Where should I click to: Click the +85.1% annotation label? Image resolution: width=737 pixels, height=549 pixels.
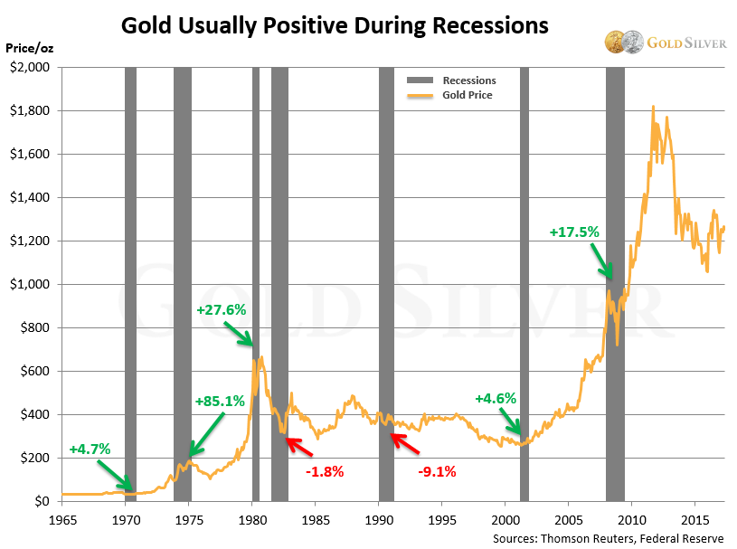coord(220,402)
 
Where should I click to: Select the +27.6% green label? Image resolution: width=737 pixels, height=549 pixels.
coord(221,310)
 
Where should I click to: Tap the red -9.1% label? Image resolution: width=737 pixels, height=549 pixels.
coord(437,471)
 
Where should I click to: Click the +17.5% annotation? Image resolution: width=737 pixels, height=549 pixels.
coord(574,232)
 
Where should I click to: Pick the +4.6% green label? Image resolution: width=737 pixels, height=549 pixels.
coord(496,398)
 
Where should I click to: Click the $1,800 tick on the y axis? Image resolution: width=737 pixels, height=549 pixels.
coord(31,110)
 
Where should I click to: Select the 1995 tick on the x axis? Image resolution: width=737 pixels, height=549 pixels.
coord(441,520)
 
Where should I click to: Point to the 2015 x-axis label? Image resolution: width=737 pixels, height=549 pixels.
coord(694,520)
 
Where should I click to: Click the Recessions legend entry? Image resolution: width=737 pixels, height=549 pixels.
coord(468,80)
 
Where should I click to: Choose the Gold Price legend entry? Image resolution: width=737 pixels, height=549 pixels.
coord(467,95)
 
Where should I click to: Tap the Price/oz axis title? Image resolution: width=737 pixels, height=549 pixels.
coord(29,47)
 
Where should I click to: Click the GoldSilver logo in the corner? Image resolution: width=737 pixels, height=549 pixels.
coord(666,43)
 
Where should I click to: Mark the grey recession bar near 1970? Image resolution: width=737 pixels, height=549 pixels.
coord(130,271)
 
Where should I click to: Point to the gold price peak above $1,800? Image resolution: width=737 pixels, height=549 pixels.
coord(653,107)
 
